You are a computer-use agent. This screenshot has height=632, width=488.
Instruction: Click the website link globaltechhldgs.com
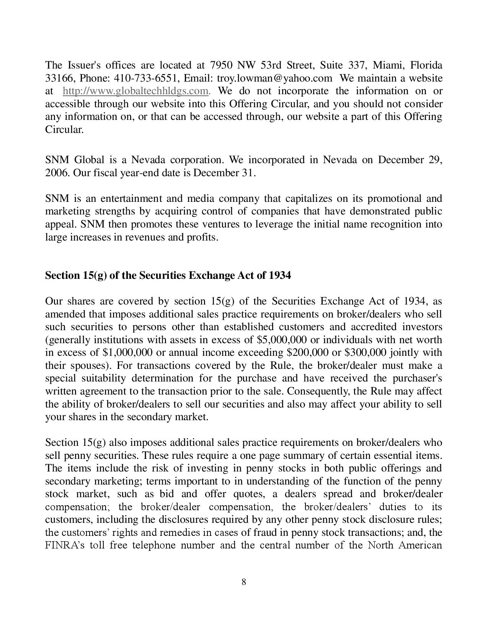(136, 91)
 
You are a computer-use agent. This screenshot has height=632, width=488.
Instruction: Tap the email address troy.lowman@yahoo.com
(274, 78)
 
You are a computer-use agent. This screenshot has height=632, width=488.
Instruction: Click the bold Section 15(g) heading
(168, 275)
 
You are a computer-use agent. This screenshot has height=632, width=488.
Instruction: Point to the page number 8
(244, 582)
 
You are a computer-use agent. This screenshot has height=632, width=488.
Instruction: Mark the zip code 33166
(57, 78)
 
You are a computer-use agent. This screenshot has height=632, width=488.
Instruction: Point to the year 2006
(57, 173)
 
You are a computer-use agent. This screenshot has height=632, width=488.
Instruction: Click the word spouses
(88, 365)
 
